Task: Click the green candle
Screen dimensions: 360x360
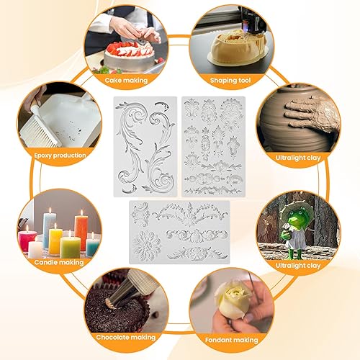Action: pos(70,247)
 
